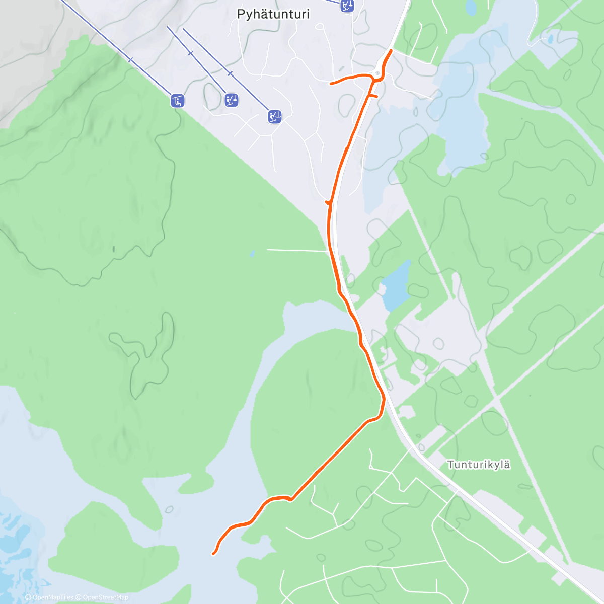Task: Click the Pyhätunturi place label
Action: coord(273,14)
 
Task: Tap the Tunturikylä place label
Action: coord(479,464)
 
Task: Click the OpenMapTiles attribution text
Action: coord(50,597)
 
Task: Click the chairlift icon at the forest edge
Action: coord(177,101)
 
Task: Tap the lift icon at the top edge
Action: coord(347,6)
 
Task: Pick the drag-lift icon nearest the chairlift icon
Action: coord(232,100)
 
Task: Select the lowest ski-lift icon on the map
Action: coord(274,117)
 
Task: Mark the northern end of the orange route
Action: coord(391,51)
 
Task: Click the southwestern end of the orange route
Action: coord(214,554)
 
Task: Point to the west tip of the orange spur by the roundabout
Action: coord(331,83)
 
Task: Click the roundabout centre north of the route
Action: coord(377,73)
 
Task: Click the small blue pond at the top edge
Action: coord(471,7)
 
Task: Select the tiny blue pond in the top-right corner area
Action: coord(550,39)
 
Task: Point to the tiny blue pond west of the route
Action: coord(252,253)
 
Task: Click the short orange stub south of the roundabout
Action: coord(373,95)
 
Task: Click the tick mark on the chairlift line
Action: coord(131,60)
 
